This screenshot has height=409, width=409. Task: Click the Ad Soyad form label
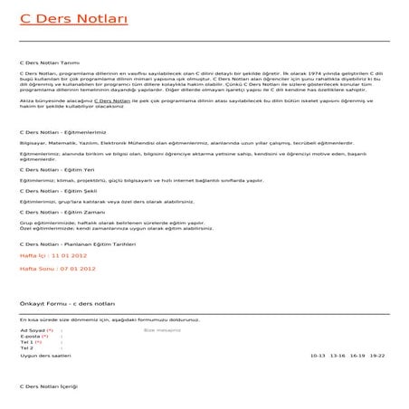pyautogui.click(x=32, y=331)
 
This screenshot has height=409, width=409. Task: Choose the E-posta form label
pyautogui.click(x=30, y=337)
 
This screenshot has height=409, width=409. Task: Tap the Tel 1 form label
pyautogui.click(x=26, y=343)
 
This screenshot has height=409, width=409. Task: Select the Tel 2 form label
pyautogui.click(x=25, y=348)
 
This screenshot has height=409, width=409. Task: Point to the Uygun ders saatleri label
pyautogui.click(x=44, y=356)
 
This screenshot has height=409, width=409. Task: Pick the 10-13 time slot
pyautogui.click(x=318, y=356)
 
